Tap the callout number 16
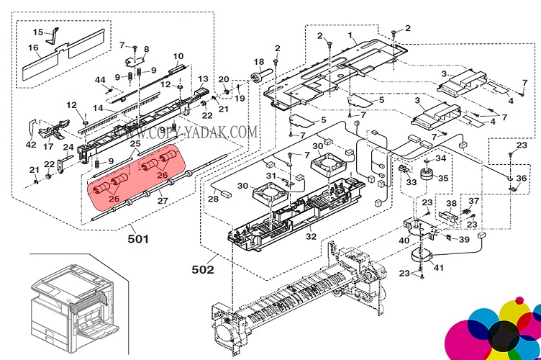click(33, 48)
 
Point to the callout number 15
click(37, 32)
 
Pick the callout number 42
click(30, 144)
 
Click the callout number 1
click(351, 35)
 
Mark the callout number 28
click(213, 198)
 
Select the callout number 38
click(451, 203)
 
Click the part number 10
click(178, 56)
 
